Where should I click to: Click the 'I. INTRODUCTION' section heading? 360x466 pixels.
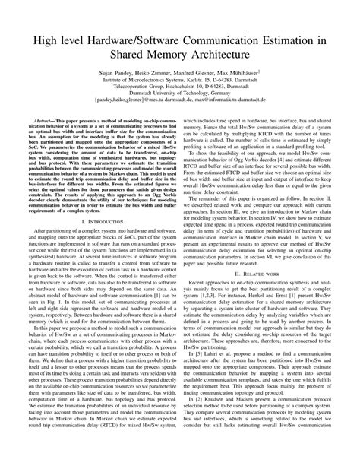click(94, 243)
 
